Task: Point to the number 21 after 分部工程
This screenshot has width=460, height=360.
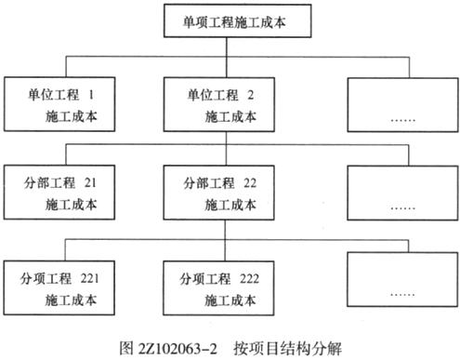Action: pyautogui.click(x=90, y=180)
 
